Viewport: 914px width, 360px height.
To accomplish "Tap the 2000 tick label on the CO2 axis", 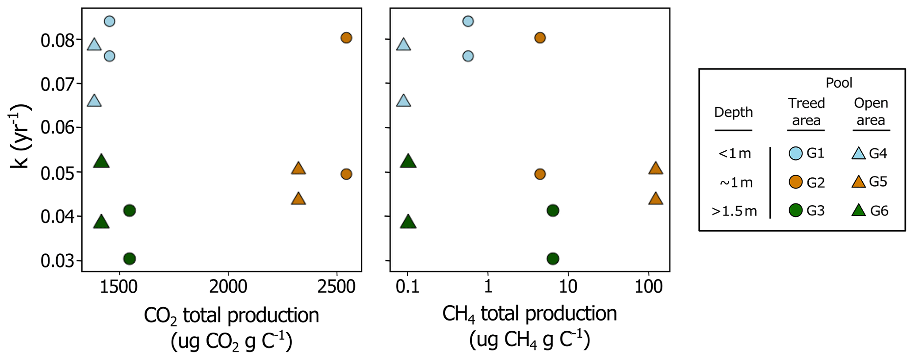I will (x=228, y=287).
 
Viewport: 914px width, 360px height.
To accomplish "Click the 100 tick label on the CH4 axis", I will (x=648, y=287).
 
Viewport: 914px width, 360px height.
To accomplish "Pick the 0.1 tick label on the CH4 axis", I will (x=407, y=287).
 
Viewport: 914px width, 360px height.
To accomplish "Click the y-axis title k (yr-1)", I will (x=20, y=136).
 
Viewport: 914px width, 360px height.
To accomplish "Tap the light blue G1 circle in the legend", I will (x=795, y=153).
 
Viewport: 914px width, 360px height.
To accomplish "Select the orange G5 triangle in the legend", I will (x=858, y=182).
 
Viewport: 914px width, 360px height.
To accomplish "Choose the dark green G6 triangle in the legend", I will (x=858, y=211).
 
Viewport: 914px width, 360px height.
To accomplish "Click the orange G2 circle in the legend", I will (x=795, y=182).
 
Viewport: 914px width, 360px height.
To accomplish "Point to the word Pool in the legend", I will (x=839, y=83).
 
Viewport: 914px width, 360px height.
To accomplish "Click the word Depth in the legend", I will (x=733, y=112).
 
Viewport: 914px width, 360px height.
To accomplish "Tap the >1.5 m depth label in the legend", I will (x=734, y=211).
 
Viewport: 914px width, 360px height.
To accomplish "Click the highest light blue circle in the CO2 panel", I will (x=110, y=21).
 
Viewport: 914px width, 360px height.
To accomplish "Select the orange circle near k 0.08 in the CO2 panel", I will (x=346, y=38).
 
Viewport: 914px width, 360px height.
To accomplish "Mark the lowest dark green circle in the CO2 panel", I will (x=129, y=258).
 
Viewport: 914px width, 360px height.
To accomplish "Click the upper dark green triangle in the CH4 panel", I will (x=408, y=161).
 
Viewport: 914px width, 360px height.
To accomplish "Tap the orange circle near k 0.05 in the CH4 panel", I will (x=539, y=174).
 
